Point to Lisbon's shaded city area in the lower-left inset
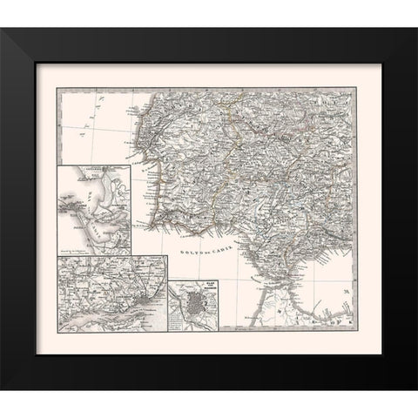[113, 306]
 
